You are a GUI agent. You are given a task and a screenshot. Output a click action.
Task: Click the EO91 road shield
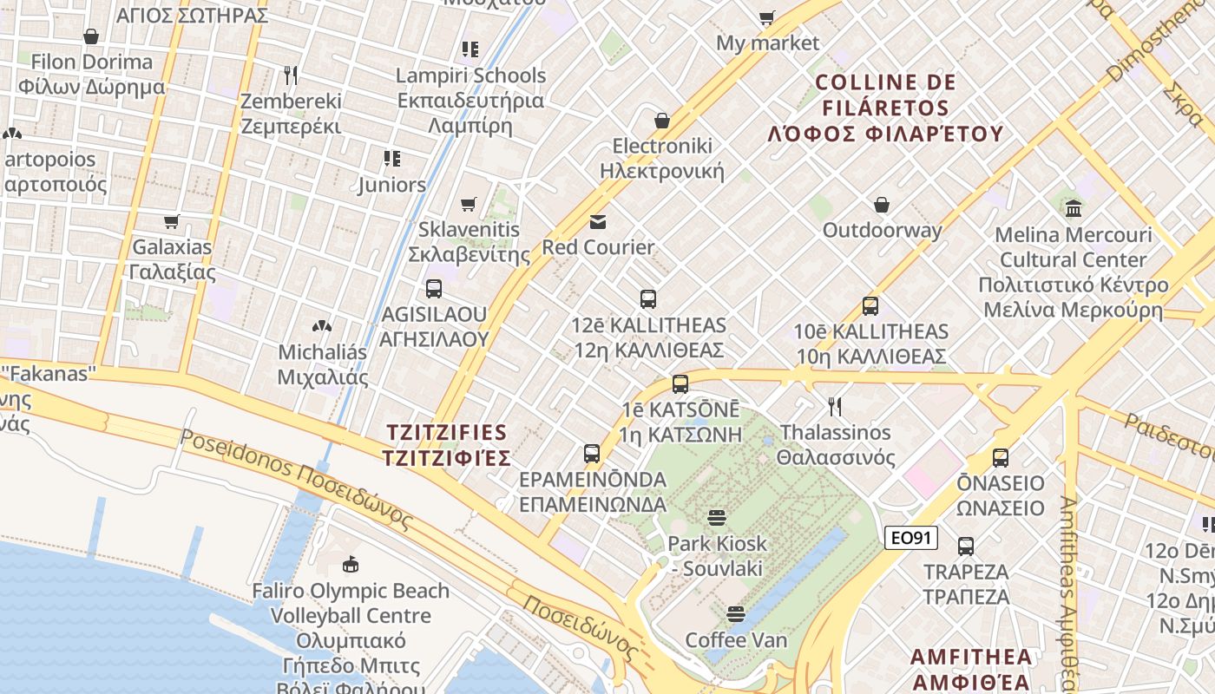pos(911,538)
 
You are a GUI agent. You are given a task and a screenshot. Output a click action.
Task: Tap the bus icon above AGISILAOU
pos(433,289)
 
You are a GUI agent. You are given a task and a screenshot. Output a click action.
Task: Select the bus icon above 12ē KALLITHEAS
pos(647,299)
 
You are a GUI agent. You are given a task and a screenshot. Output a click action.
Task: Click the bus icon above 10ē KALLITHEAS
pos(870,306)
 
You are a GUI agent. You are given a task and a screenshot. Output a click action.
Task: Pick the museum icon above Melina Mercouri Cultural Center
pos(1074,208)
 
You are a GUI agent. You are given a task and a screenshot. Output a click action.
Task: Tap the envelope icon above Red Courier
pos(598,222)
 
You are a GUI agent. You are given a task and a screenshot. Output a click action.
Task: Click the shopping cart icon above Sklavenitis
pos(469,205)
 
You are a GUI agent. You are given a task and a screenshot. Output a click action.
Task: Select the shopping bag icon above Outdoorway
pos(882,205)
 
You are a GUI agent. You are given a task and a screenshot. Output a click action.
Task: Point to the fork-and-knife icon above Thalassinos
pos(835,407)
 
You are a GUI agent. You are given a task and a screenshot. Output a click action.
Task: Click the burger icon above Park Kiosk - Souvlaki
pos(717,518)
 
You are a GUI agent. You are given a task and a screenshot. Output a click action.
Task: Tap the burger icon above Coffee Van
pos(736,615)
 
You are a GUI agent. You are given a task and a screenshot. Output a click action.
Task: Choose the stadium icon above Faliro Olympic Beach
pos(351,565)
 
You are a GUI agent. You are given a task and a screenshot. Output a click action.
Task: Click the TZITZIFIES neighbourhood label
pos(447,444)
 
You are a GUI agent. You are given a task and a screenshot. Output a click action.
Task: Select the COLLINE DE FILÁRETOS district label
pos(885,108)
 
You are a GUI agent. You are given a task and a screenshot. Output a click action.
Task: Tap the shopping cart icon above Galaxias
pos(172,222)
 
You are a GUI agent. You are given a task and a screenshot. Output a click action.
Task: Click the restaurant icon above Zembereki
pos(291,75)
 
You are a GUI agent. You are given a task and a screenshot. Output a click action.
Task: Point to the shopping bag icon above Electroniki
pos(662,121)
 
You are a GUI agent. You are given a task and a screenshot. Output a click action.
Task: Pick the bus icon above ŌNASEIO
pos(1001,457)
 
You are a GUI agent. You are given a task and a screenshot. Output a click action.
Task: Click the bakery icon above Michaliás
pos(322,327)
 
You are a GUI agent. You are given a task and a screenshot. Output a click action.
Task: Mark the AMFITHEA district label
pos(972,668)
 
